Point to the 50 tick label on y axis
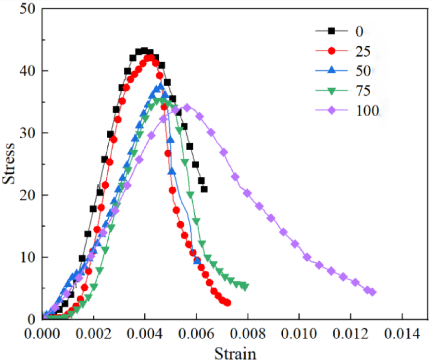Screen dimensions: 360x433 coord(28,9)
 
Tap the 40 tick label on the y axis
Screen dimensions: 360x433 coord(28,71)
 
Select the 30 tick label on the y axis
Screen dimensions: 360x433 coord(28,133)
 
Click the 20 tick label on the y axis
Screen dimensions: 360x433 coord(28,196)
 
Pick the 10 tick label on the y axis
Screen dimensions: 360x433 coord(28,257)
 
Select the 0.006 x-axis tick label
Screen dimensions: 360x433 coord(197,334)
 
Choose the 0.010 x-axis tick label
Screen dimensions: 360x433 coord(299,334)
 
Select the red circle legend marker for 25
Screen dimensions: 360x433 coord(332,50)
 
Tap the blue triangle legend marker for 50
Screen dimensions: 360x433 coord(332,70)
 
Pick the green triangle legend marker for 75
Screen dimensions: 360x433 coord(332,90)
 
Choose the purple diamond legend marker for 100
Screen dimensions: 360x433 coord(332,110)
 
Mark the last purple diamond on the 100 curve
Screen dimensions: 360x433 coord(372,292)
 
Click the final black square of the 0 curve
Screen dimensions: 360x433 coord(204,189)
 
